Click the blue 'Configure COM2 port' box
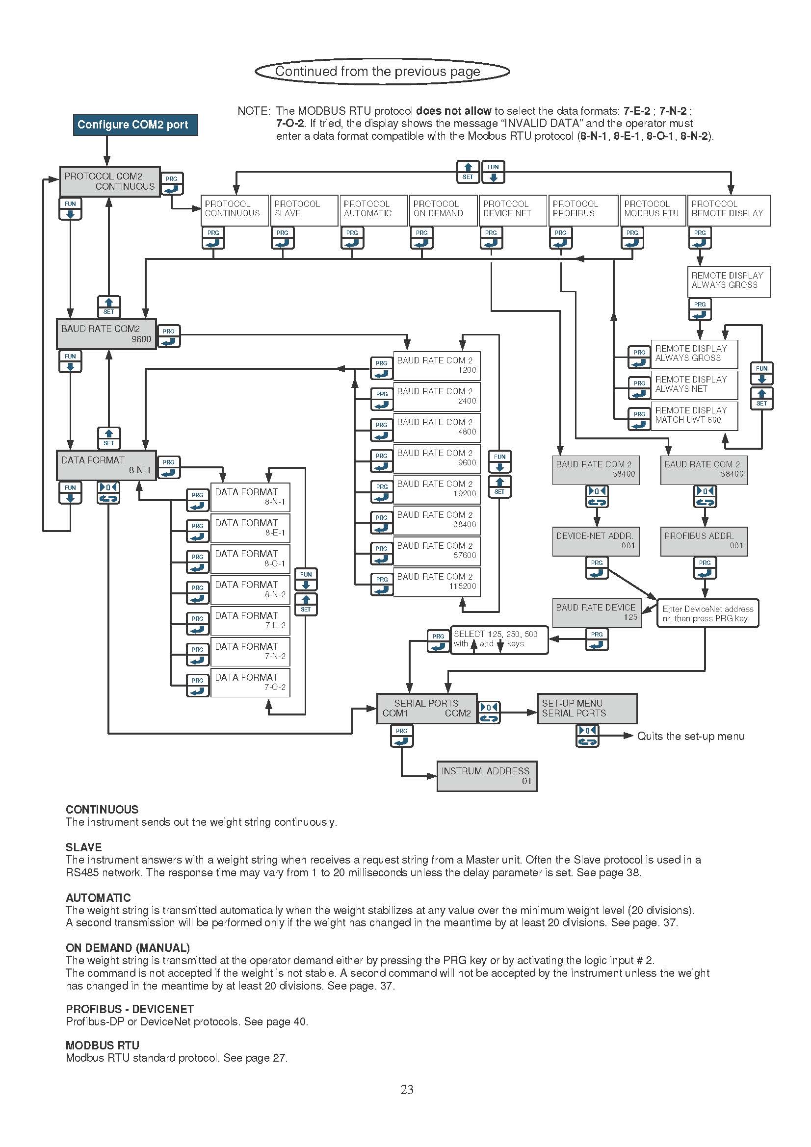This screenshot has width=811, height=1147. [135, 125]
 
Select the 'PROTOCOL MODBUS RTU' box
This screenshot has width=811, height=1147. [652, 210]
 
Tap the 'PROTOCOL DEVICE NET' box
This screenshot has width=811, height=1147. [512, 210]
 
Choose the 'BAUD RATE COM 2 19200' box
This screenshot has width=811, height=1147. [437, 489]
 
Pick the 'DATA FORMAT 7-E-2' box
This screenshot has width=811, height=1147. [250, 620]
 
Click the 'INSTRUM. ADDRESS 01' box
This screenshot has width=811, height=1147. [487, 776]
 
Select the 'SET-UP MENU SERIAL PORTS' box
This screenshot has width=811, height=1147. [587, 709]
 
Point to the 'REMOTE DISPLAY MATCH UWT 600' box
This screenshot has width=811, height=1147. [694, 415]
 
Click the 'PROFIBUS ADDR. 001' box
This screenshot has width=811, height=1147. [704, 541]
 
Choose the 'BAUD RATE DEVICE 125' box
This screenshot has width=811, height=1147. [597, 613]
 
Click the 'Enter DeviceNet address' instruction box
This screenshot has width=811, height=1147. [707, 613]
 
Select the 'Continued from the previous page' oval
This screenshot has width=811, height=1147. [382, 72]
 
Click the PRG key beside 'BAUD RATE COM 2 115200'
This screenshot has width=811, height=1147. [382, 585]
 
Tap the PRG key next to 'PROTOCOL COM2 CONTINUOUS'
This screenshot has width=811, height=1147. [172, 184]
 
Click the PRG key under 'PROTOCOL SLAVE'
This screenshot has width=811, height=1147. [283, 238]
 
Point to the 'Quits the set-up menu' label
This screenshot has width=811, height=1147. [691, 736]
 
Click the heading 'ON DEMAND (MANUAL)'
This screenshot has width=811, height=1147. [128, 948]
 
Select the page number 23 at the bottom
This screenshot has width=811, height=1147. [407, 1090]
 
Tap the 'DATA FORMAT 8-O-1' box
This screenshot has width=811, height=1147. [250, 559]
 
